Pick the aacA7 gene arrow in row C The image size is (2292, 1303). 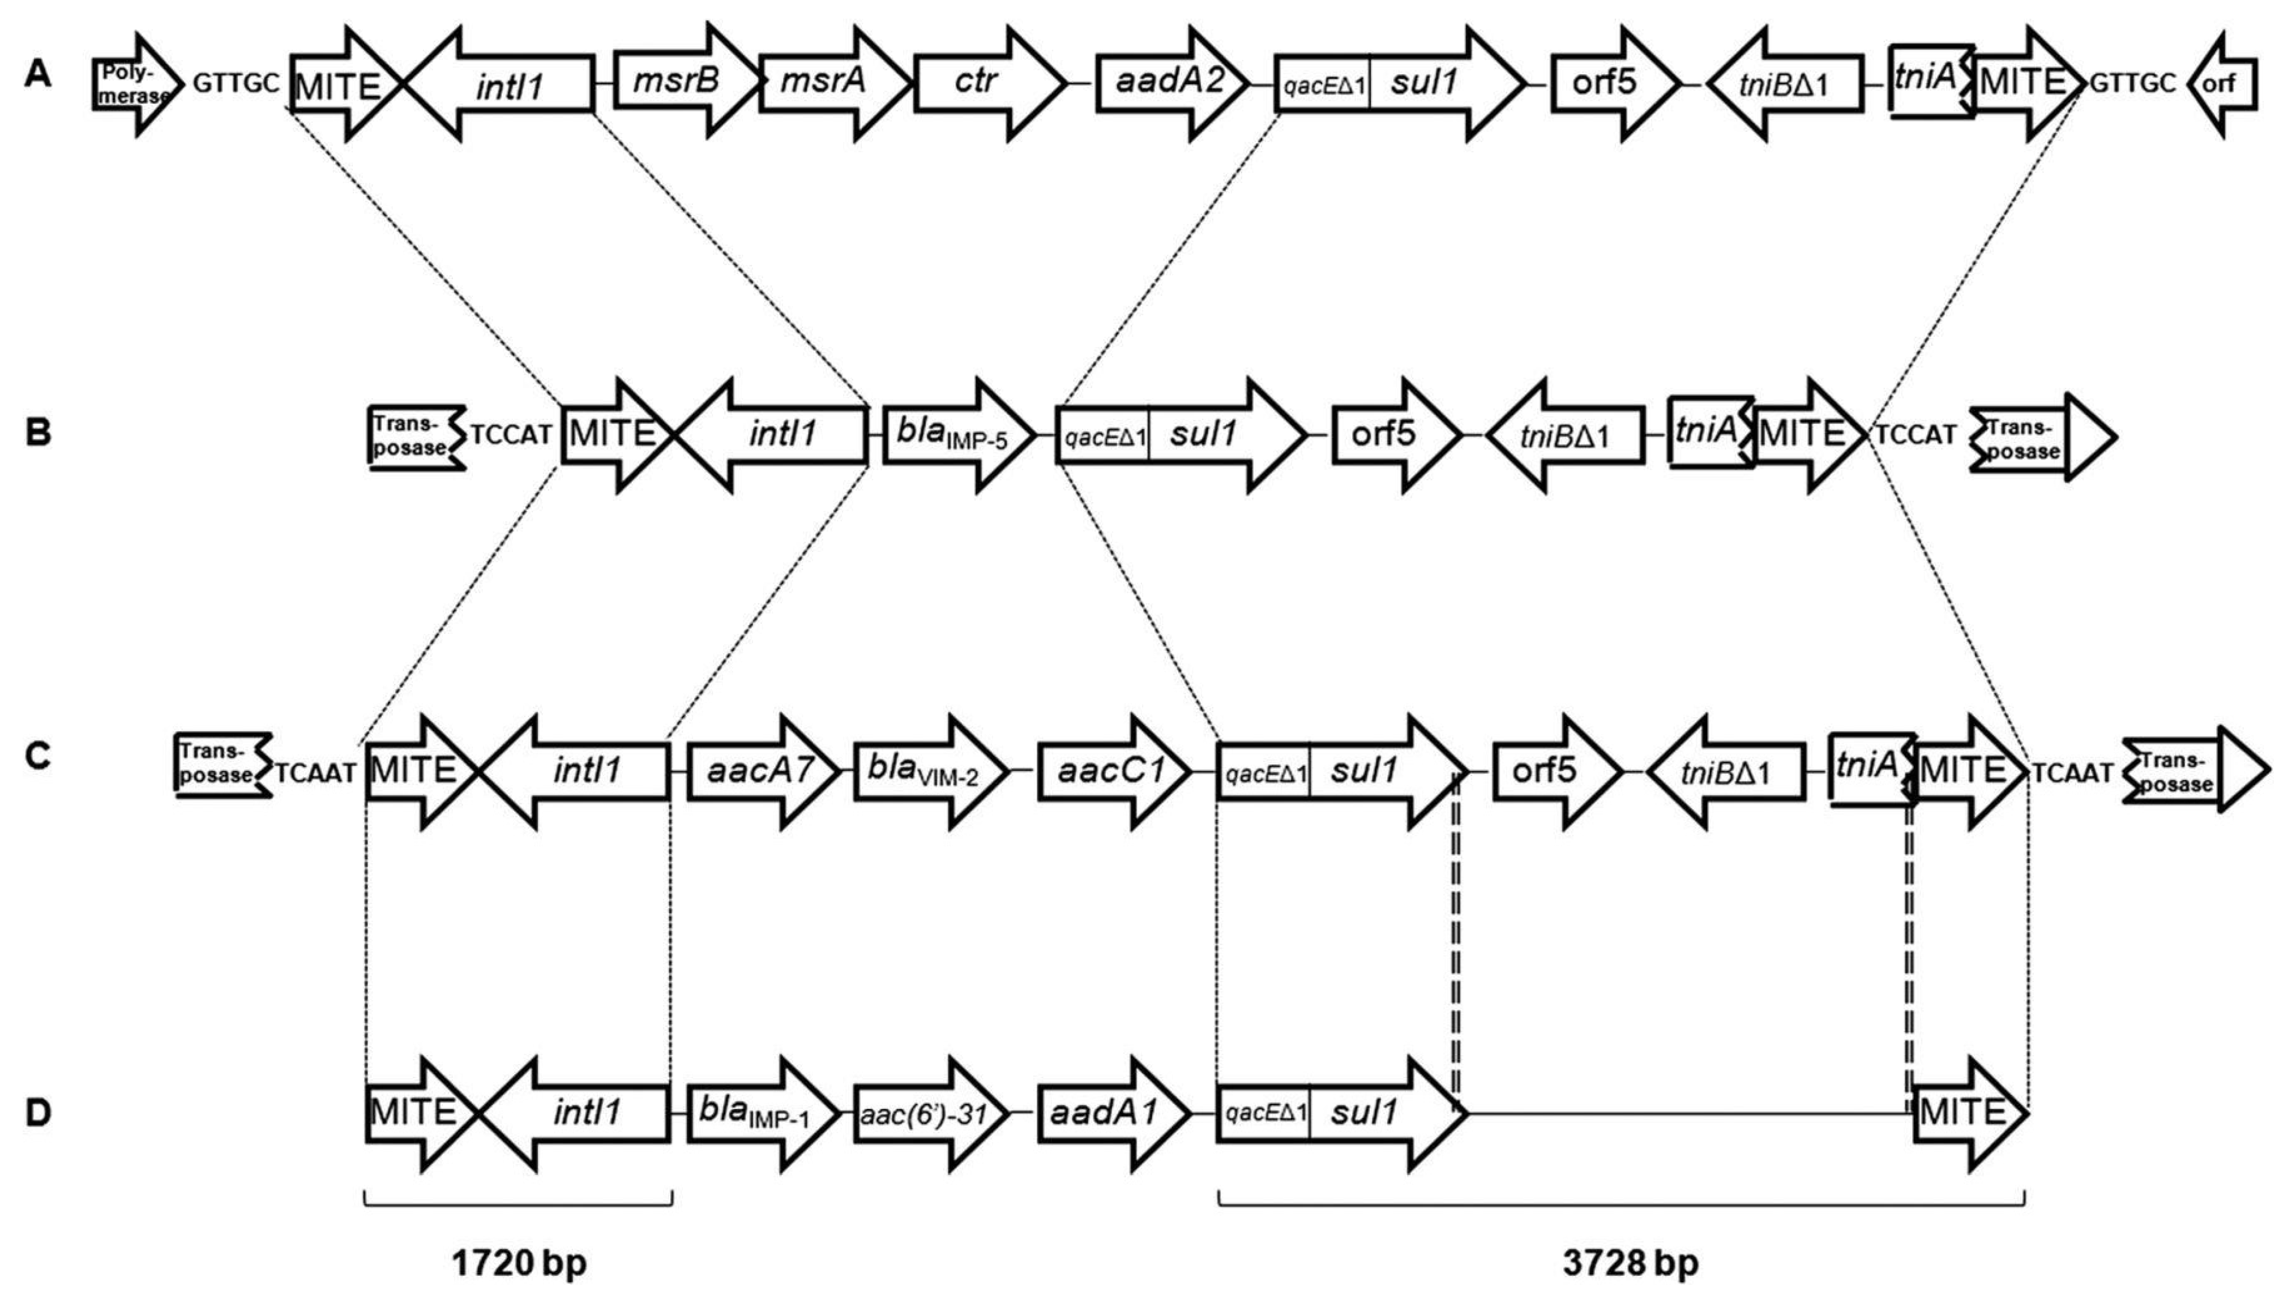(x=761, y=770)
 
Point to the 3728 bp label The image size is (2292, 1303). (x=1630, y=1263)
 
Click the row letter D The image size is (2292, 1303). (x=37, y=1112)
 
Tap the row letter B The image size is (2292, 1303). (x=37, y=432)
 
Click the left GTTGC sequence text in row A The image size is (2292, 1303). (x=236, y=83)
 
